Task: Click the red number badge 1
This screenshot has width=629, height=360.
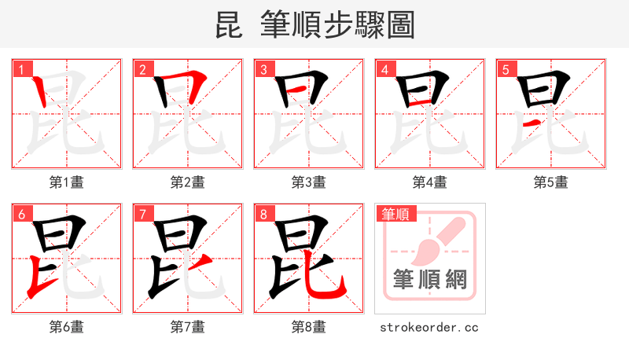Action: [x=20, y=69]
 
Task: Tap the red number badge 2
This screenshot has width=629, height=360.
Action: [x=142, y=69]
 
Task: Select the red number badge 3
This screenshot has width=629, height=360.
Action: [x=263, y=69]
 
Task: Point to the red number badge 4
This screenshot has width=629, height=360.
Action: [x=384, y=69]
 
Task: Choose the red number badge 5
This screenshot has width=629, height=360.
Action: [x=505, y=69]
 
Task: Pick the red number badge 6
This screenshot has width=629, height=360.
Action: [x=20, y=213]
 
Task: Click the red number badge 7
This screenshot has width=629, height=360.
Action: [x=142, y=213]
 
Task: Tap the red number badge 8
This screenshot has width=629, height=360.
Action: [x=263, y=213]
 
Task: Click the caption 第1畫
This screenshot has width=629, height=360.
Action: [x=67, y=182]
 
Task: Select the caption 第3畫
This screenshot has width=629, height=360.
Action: [x=309, y=182]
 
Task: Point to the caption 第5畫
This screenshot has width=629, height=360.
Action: [x=551, y=182]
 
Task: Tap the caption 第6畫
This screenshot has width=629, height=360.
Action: [x=67, y=326]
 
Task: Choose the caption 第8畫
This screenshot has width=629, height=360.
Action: [x=309, y=326]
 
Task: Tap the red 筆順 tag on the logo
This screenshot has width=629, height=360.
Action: [x=395, y=213]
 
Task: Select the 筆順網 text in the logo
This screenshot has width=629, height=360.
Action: [x=430, y=280]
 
